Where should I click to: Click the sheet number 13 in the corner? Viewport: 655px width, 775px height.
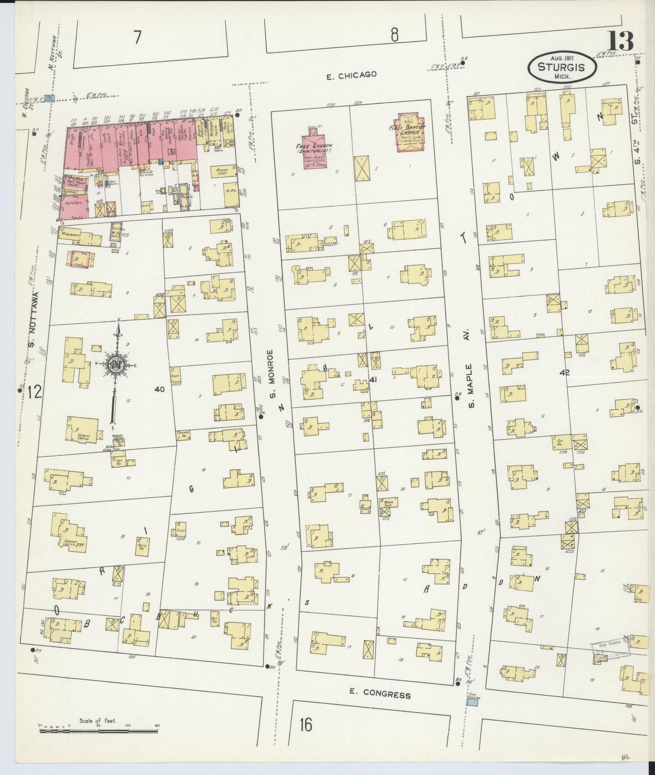click(621, 42)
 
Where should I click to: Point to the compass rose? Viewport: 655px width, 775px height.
click(116, 364)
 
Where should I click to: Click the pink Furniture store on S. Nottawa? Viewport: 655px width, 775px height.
click(75, 206)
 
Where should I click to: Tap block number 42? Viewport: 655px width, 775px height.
click(564, 373)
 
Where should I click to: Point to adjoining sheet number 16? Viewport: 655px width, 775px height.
click(306, 725)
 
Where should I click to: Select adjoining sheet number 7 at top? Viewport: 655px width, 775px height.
click(136, 39)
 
